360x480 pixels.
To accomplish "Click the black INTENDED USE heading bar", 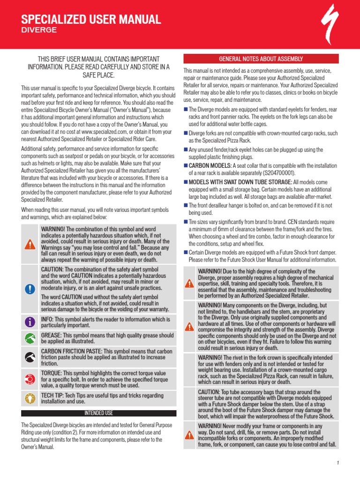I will click(98, 413).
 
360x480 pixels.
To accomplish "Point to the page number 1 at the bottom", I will click(337, 464).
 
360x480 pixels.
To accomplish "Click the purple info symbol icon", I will click(30, 322).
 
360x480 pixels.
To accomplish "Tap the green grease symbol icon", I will click(30, 338).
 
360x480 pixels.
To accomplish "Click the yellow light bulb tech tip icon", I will click(30, 398).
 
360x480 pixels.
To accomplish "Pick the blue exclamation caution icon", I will click(30, 289).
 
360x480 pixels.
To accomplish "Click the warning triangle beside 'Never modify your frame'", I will click(189, 435).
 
